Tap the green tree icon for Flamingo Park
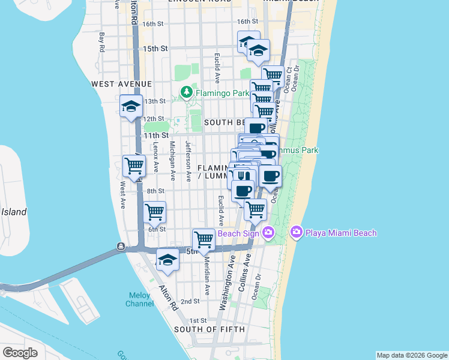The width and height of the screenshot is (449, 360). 187,92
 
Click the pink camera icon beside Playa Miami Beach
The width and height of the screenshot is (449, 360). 296,232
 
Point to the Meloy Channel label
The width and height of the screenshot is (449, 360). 139,299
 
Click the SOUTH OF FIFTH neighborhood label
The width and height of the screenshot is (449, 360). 209,329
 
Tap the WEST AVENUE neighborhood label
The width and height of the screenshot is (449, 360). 122,84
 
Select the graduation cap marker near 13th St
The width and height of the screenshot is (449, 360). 131,106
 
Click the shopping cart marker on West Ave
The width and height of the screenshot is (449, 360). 134,166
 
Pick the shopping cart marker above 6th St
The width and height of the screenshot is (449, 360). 155,212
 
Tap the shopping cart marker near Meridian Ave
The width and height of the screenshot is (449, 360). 204,239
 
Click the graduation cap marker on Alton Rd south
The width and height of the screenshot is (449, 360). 167,260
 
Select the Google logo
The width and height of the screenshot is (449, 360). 20,353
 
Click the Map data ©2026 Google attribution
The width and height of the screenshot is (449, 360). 412,355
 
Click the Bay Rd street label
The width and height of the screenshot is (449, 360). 103,43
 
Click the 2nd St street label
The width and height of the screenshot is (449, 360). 190,301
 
